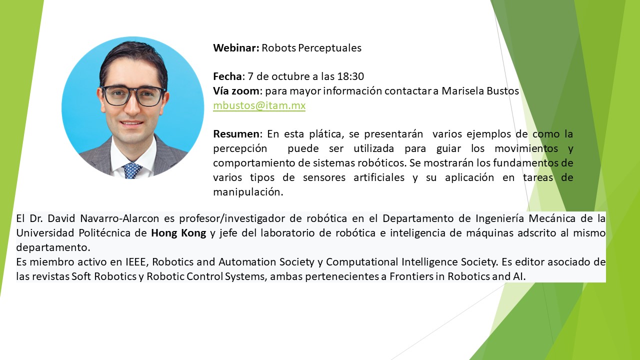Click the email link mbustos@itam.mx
(259, 105)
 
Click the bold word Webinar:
(236, 47)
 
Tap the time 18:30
(350, 76)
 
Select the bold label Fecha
(227, 76)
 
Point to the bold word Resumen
(236, 134)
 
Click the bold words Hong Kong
(178, 233)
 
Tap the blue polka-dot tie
(132, 170)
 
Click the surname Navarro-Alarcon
(119, 218)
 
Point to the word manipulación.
(248, 192)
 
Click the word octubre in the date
(288, 76)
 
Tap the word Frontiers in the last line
(410, 276)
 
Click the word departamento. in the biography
(53, 247)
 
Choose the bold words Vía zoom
(236, 91)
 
